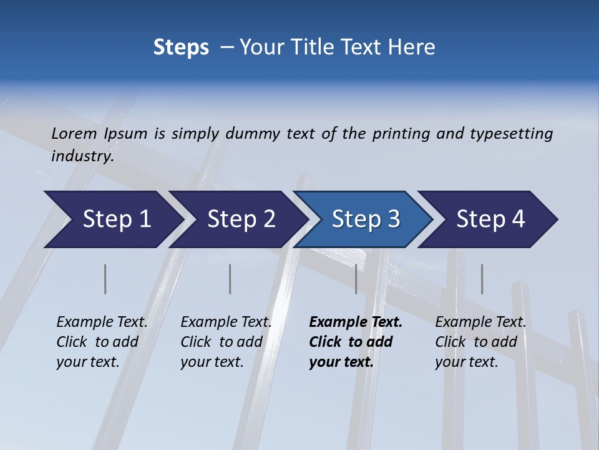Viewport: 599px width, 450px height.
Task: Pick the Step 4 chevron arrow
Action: [x=490, y=219]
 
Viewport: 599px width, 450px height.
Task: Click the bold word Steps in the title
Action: [x=181, y=47]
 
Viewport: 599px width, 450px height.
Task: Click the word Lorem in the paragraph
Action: [x=74, y=134]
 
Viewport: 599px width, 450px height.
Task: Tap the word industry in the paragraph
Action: [x=82, y=156]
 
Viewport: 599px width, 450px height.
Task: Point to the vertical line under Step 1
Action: [x=105, y=279]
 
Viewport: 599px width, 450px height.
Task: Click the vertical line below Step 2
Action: [x=230, y=279]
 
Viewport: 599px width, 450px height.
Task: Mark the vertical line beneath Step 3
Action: [x=356, y=279]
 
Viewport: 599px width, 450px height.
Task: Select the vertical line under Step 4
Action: [x=482, y=279]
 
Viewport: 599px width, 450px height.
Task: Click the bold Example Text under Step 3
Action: [x=356, y=322]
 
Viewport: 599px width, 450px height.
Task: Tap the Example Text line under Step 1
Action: [x=102, y=322]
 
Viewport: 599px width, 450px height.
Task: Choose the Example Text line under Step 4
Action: [x=480, y=322]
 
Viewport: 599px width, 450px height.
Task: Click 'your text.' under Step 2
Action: [x=212, y=362]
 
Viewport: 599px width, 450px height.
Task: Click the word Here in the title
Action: [x=414, y=47]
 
